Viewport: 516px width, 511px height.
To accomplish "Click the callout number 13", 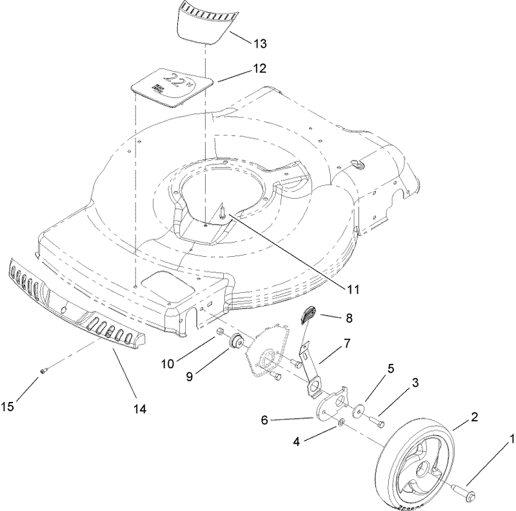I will coord(260,43).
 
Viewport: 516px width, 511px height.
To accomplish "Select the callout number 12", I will coord(259,68).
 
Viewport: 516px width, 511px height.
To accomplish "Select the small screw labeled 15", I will coord(45,371).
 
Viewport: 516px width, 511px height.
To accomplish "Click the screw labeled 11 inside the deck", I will coord(221,211).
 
